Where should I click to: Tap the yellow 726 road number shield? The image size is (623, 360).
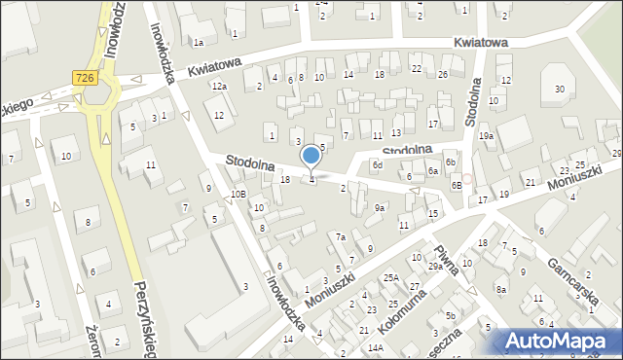(x=84, y=76)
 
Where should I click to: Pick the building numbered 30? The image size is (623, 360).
(x=559, y=90)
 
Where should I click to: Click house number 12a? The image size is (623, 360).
(x=220, y=87)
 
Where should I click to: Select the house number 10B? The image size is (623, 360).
(x=238, y=194)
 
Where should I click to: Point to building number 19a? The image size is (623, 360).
(x=486, y=136)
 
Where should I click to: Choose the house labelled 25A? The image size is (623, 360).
(x=390, y=277)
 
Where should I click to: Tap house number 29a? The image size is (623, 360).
(x=435, y=266)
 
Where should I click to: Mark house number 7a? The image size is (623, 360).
(x=341, y=236)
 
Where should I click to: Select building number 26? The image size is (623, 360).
(x=443, y=74)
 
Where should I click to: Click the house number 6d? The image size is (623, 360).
(x=377, y=165)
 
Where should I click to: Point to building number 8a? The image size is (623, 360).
(x=500, y=289)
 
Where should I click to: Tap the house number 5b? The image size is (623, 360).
(x=450, y=316)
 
